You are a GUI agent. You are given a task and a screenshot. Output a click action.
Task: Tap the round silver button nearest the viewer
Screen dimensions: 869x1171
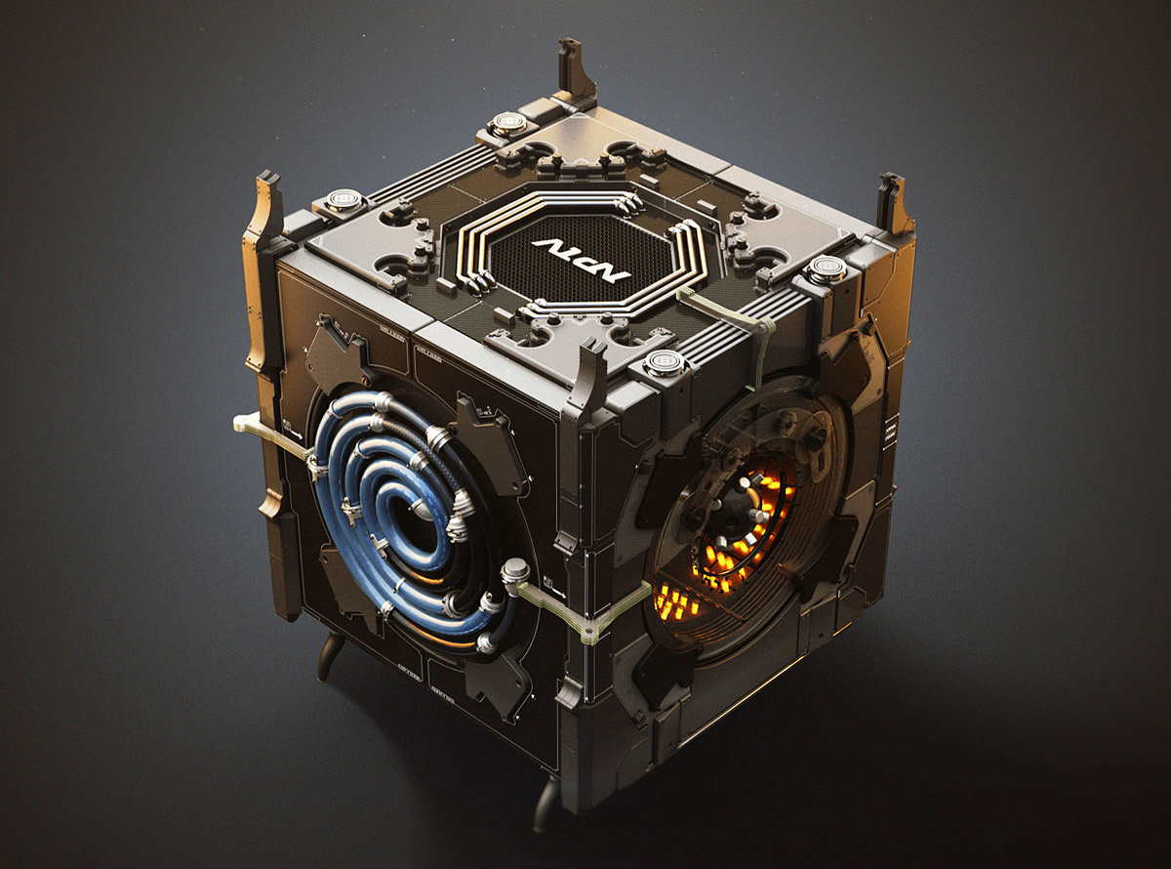coord(666,363)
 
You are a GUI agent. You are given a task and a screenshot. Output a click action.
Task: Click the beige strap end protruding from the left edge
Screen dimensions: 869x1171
coord(248,422)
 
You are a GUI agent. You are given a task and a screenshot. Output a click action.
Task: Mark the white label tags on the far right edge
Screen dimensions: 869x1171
coord(889,434)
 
